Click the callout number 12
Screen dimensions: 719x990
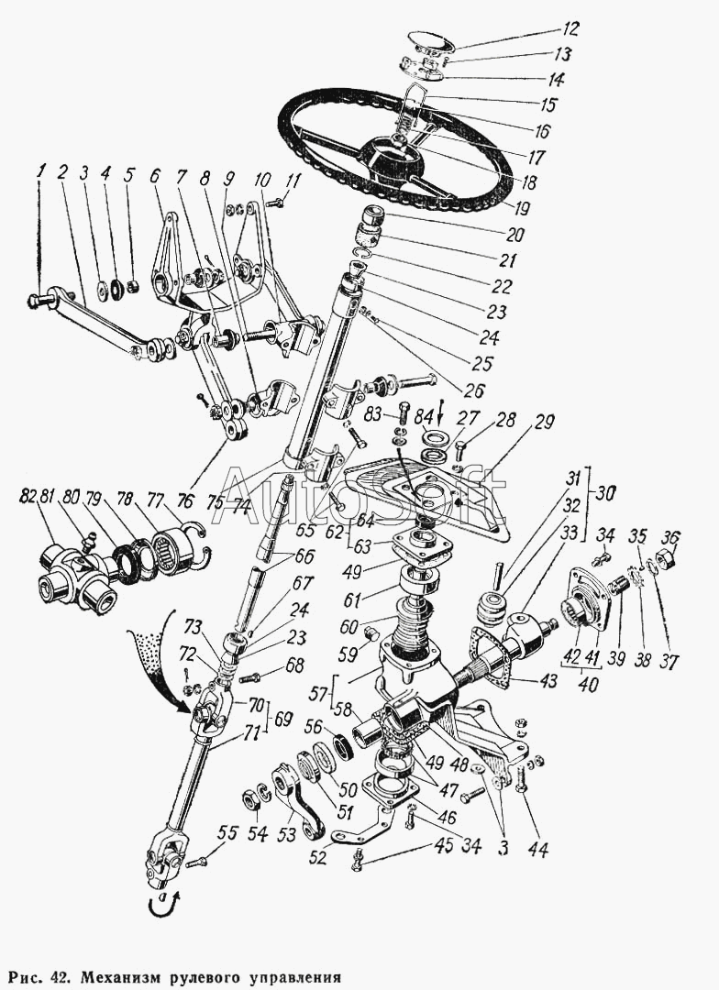pyautogui.click(x=568, y=29)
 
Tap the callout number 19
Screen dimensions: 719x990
pyautogui.click(x=521, y=207)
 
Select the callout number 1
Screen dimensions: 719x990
pyautogui.click(x=41, y=170)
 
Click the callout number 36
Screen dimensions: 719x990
pyautogui.click(x=669, y=538)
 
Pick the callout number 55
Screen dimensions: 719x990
pyautogui.click(x=227, y=833)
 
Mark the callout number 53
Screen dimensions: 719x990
pyautogui.click(x=286, y=835)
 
